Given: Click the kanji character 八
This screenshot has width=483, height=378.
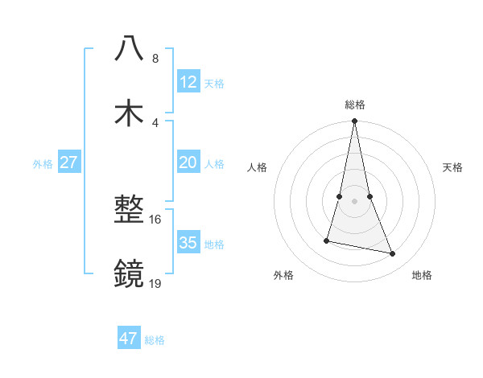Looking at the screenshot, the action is pyautogui.click(x=129, y=50).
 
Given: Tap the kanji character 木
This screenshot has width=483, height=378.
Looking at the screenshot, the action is pyautogui.click(x=129, y=113).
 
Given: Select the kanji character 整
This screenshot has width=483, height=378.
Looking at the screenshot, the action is pyautogui.click(x=129, y=211).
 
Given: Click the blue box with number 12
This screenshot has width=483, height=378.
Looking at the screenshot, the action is pyautogui.click(x=188, y=82).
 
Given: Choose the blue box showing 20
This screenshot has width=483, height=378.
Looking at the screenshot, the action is pyautogui.click(x=188, y=162).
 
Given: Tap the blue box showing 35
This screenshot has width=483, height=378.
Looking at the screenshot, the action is pyautogui.click(x=188, y=243).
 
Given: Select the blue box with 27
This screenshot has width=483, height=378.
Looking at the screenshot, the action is pyautogui.click(x=68, y=162).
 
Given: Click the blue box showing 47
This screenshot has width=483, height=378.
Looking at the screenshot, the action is pyautogui.click(x=129, y=339).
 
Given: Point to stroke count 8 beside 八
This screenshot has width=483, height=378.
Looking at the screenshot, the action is pyautogui.click(x=155, y=59).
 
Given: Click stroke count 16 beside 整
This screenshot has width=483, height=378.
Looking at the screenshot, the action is pyautogui.click(x=155, y=219).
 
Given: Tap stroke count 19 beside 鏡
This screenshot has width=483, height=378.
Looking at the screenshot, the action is pyautogui.click(x=155, y=283).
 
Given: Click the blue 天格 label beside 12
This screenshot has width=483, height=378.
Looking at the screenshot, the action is pyautogui.click(x=214, y=84).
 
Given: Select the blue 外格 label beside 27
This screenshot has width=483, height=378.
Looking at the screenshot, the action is pyautogui.click(x=43, y=164).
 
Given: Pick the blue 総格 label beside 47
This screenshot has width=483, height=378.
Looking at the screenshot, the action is pyautogui.click(x=155, y=340).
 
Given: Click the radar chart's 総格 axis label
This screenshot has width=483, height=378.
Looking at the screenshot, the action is pyautogui.click(x=355, y=105).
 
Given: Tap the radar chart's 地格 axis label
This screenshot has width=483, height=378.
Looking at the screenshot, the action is pyautogui.click(x=422, y=275).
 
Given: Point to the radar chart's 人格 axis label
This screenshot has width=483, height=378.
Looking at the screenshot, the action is pyautogui.click(x=258, y=168).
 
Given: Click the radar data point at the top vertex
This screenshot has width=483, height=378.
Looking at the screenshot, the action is pyautogui.click(x=354, y=121).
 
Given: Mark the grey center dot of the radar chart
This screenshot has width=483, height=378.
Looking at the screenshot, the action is pyautogui.click(x=354, y=200).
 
